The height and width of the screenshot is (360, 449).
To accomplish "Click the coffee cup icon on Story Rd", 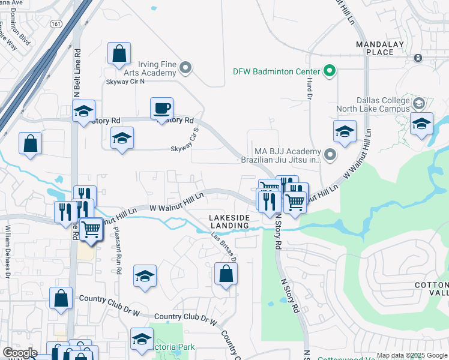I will (161, 109).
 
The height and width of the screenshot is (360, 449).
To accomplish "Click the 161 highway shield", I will (56, 24).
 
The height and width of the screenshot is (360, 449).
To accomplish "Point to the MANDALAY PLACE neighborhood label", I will (382, 48).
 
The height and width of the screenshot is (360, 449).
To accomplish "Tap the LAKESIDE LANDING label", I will (229, 221).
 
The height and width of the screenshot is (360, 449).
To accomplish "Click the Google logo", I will (20, 353).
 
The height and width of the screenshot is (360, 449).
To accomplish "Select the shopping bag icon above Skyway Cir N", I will (119, 53).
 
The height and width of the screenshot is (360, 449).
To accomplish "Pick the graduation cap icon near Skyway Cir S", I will (122, 138).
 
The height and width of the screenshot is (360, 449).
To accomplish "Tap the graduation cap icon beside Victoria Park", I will (142, 339).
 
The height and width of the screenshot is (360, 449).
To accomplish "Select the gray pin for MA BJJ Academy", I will (330, 155).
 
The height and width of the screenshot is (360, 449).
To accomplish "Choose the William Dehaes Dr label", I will (8, 252).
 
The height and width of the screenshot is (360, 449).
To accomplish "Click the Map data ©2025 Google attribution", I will (411, 355).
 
